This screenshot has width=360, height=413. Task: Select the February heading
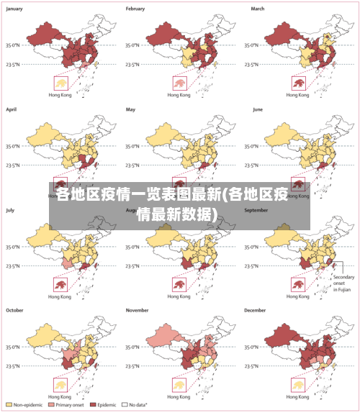pos(135,9)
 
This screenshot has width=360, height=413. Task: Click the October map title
pos(15,310)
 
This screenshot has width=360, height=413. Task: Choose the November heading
pos(138,310)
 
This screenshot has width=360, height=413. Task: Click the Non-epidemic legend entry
pos(27,405)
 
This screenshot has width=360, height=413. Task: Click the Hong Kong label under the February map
pos(179,95)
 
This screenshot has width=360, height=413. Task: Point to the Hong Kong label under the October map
pos(59,396)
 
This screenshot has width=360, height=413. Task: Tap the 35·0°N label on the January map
pos(13,45)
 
